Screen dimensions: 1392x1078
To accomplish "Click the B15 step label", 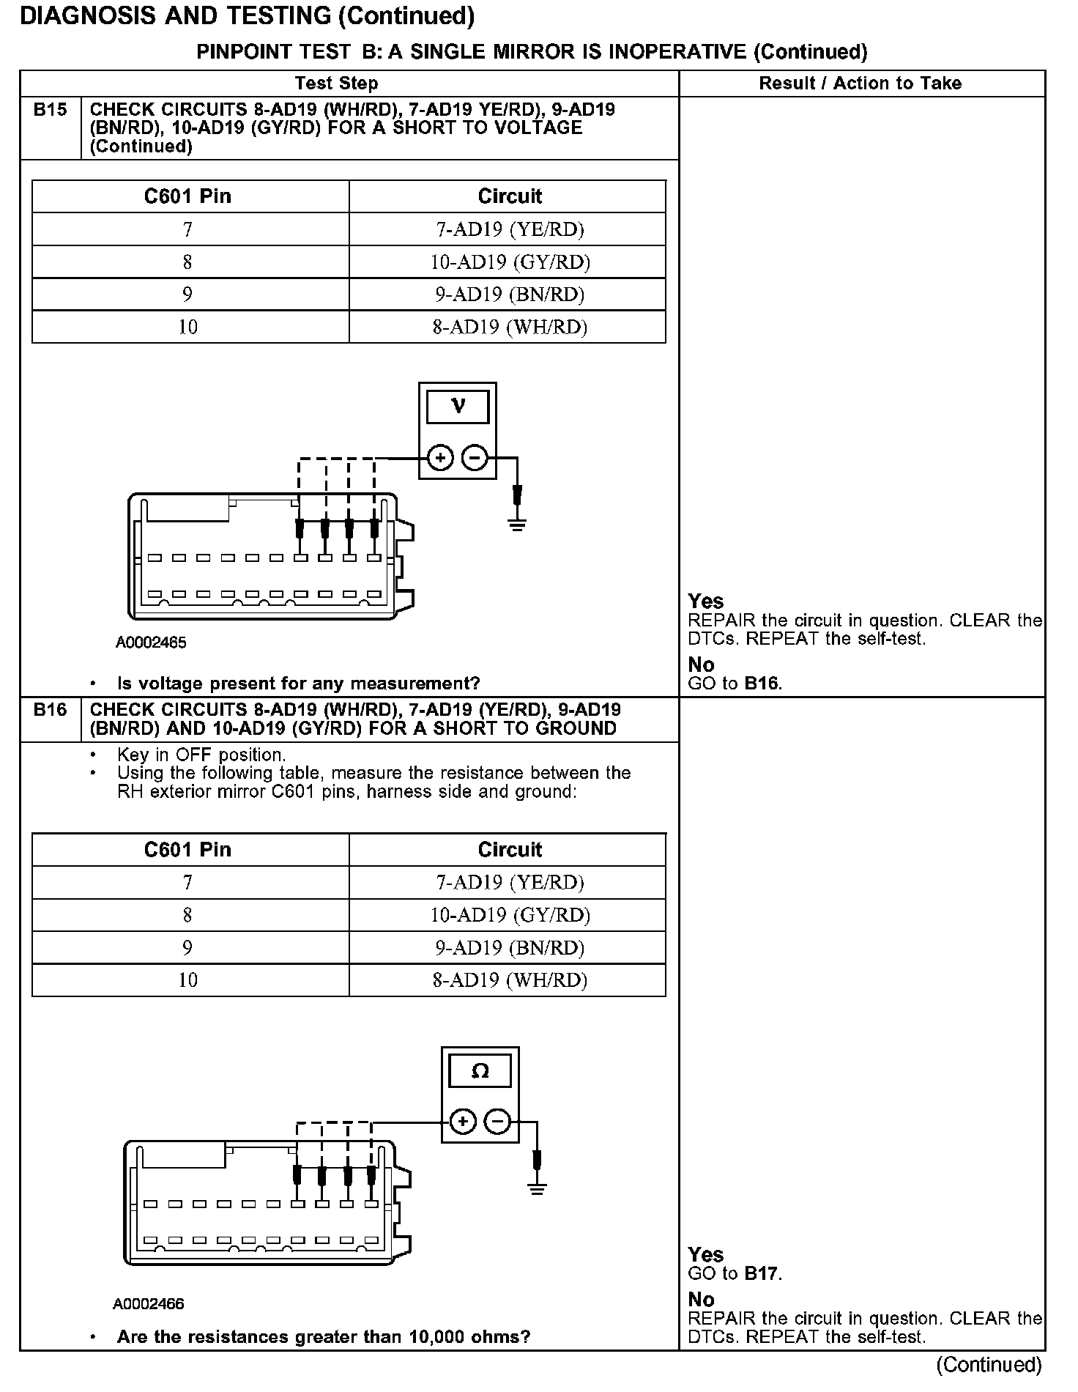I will [50, 110].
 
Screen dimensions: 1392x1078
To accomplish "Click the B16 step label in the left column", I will [50, 709].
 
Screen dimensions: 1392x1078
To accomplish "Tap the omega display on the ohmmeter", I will [480, 1071].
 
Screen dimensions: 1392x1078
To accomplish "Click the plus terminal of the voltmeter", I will [440, 459].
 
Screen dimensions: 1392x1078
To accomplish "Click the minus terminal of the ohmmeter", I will [497, 1122].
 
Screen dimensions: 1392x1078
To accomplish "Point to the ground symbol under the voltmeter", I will [517, 523].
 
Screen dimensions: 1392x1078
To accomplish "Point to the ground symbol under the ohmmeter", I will [538, 1188].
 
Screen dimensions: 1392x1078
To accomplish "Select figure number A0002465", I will [151, 643].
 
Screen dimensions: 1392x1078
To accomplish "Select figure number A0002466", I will [149, 1304].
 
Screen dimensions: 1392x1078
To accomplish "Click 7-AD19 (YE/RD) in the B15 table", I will [510, 229].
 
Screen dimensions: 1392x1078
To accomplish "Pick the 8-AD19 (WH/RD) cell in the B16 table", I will [510, 980].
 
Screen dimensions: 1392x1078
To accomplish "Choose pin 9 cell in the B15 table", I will [188, 295].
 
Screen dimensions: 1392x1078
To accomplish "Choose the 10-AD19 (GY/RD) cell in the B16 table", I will [510, 915].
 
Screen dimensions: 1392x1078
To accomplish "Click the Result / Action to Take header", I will [860, 84].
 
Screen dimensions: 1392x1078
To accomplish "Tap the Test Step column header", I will [336, 84].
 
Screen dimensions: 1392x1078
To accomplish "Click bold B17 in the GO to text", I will [762, 1273].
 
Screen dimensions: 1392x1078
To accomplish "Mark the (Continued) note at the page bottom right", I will [988, 1364].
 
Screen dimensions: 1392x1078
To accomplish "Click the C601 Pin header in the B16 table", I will [188, 850].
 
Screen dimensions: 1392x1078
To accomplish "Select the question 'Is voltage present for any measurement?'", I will [298, 684].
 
